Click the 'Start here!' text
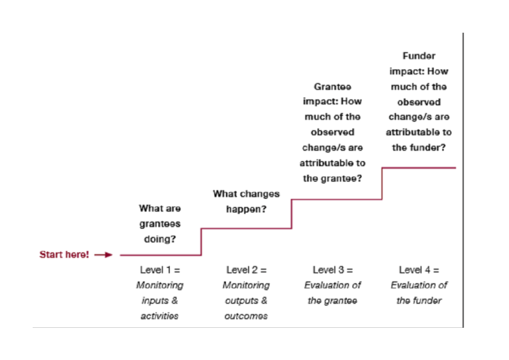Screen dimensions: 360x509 (63, 255)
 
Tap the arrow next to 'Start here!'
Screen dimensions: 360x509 (102, 255)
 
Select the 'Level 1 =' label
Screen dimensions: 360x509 (160, 269)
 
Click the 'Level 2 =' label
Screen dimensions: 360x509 (247, 269)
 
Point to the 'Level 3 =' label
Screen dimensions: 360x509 (332, 269)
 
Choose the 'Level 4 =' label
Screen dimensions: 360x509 (418, 269)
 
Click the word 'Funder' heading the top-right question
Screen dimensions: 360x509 (418, 56)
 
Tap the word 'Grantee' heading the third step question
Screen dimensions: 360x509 (332, 87)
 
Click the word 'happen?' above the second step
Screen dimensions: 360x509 (246, 209)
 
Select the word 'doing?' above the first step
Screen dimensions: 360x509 (160, 239)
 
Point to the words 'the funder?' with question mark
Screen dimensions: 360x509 (418, 147)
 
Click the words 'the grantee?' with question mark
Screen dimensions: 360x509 (332, 178)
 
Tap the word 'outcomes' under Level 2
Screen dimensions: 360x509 (246, 316)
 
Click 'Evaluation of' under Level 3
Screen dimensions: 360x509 (333, 285)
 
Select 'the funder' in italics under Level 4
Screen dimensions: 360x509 (418, 301)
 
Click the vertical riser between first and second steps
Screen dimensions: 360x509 (201, 241)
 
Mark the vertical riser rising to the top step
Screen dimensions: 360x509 (381, 183)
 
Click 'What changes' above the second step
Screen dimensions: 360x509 (246, 193)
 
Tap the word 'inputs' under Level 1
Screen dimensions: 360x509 (154, 301)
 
